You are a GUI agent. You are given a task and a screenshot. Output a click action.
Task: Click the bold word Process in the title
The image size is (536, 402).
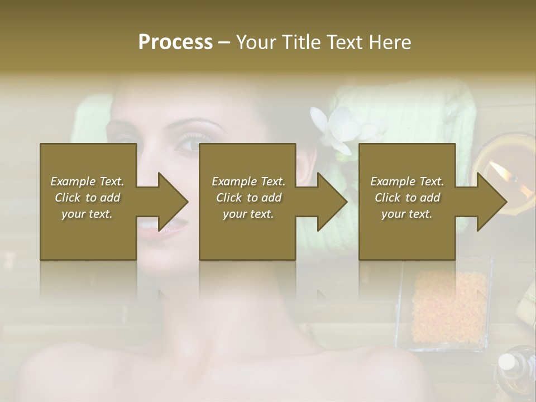175,42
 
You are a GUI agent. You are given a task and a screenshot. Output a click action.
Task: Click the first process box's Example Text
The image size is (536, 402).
88,181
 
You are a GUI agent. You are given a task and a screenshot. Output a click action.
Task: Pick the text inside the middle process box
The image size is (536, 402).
248,198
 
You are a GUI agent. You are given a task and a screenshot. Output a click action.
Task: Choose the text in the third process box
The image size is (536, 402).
407,198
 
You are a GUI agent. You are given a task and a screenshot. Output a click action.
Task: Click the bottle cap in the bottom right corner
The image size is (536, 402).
507,362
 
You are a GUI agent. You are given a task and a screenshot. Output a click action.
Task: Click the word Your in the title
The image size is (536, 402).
257,42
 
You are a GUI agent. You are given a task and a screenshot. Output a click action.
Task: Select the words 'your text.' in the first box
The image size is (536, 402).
88,214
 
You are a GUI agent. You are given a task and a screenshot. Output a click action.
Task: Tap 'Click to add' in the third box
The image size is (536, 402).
407,198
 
